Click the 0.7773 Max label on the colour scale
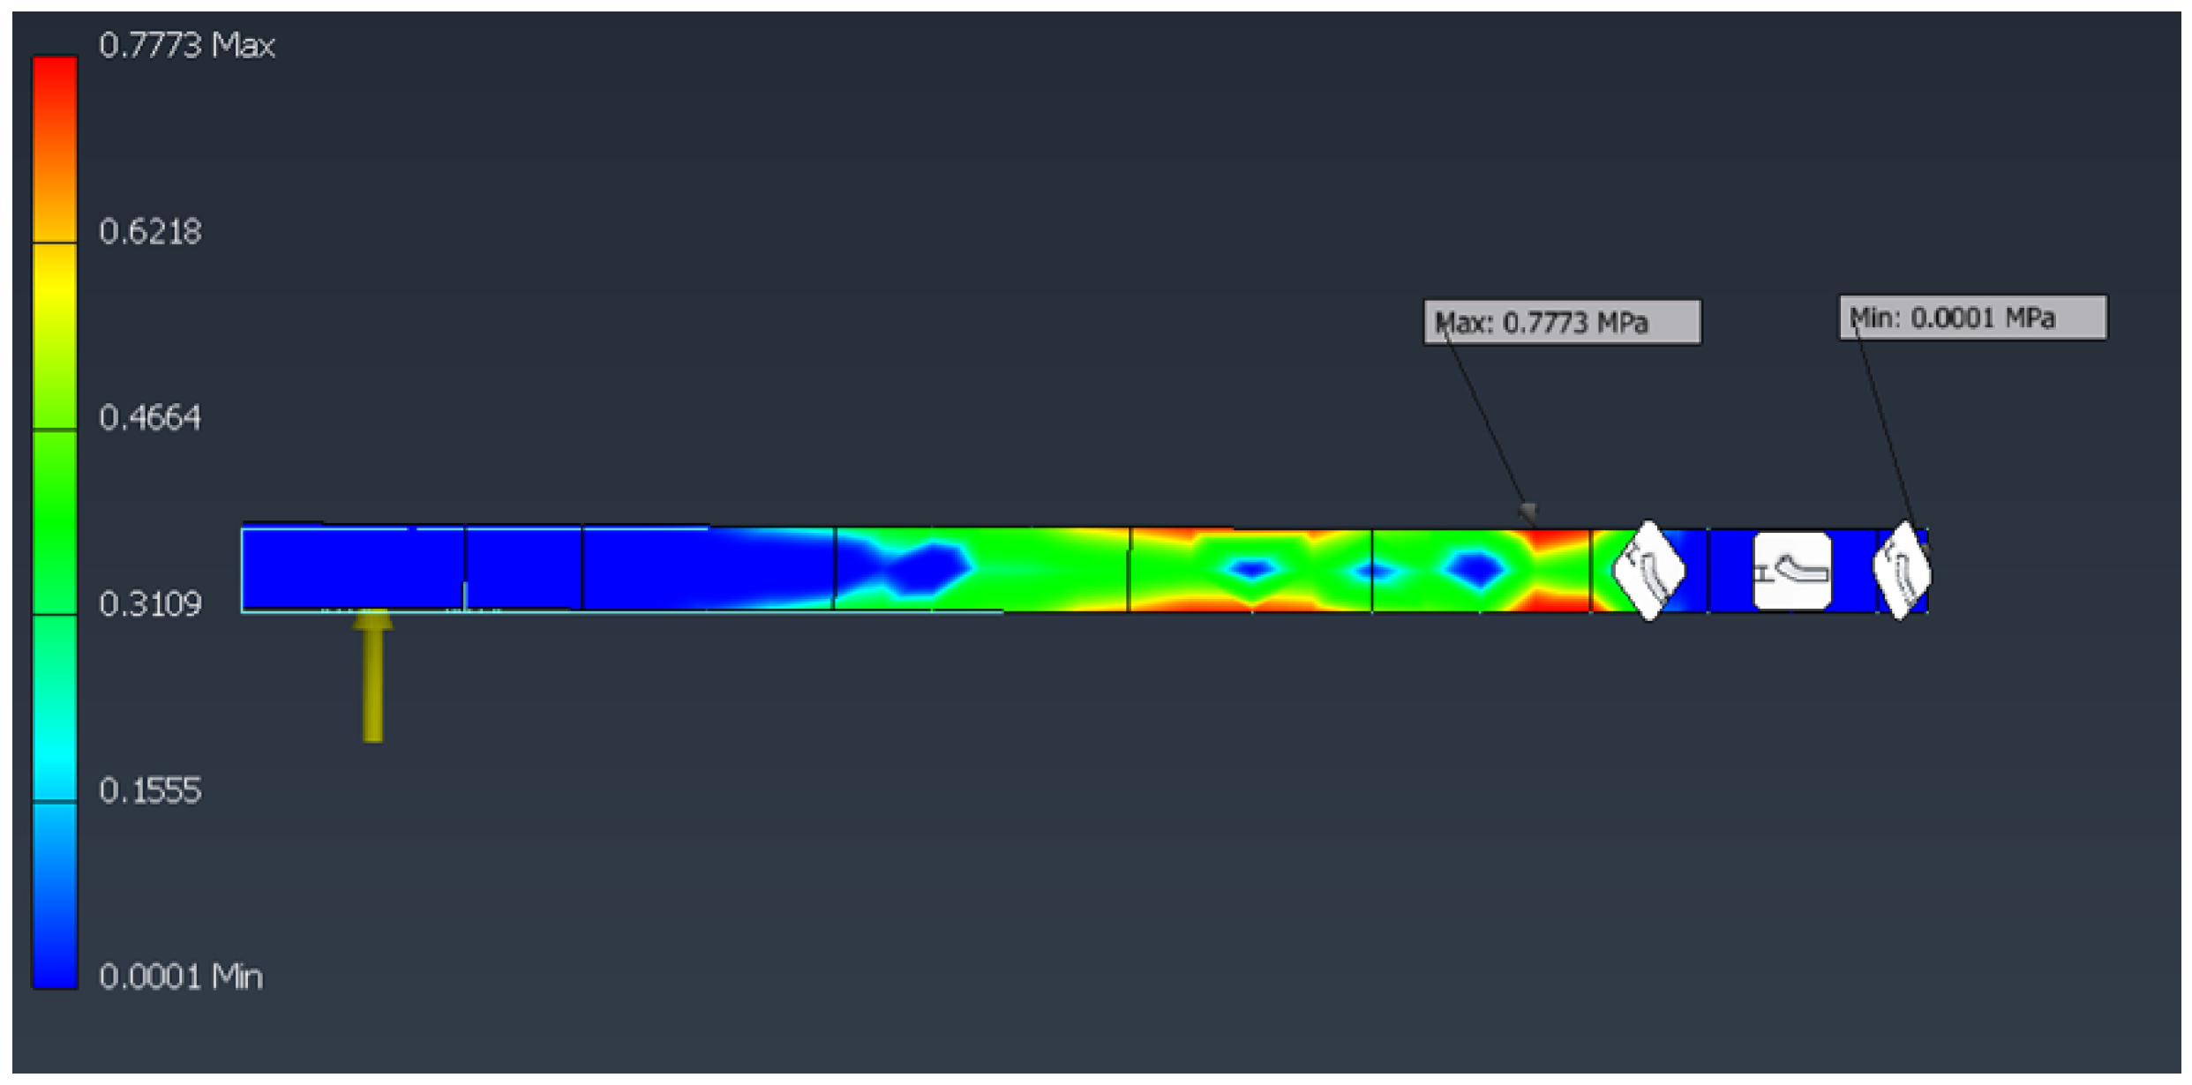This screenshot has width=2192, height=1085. (x=186, y=45)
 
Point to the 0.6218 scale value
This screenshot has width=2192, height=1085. (x=150, y=231)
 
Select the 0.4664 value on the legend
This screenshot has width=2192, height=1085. (x=150, y=417)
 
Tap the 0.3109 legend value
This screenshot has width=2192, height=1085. (x=150, y=604)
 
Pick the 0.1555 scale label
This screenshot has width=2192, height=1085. (x=150, y=790)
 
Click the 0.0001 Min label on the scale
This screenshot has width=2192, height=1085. (x=181, y=976)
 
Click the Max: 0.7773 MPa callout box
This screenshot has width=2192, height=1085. (x=1562, y=323)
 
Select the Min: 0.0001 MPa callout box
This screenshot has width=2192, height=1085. (x=1972, y=318)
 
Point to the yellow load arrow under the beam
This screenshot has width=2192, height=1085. (x=373, y=676)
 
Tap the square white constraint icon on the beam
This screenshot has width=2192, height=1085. (x=1791, y=572)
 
